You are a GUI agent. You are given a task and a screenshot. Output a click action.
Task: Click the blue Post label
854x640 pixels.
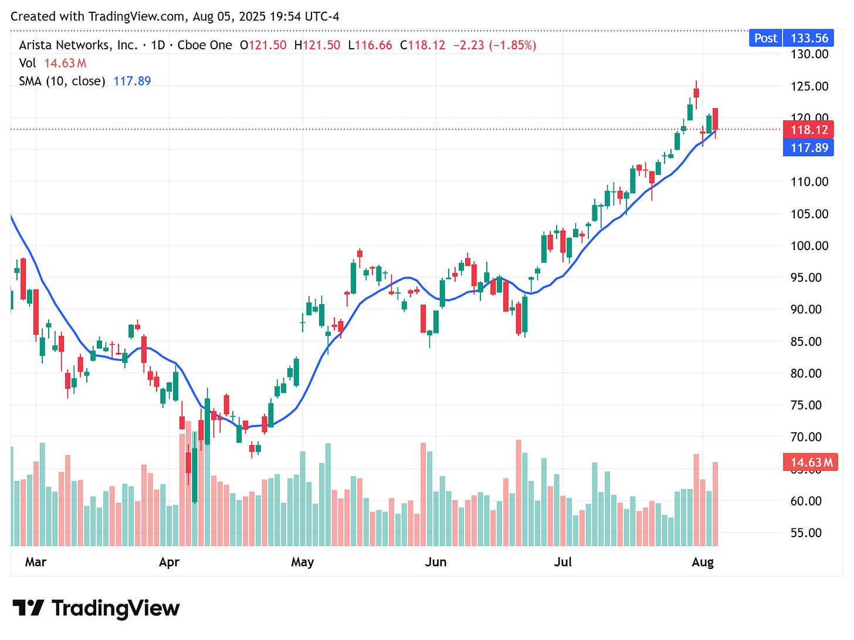(x=765, y=38)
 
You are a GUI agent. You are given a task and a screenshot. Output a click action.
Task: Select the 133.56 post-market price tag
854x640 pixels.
(x=809, y=38)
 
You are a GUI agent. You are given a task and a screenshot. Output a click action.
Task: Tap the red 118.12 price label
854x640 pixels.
(x=809, y=130)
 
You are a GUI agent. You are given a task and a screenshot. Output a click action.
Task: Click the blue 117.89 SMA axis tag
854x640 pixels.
(x=809, y=147)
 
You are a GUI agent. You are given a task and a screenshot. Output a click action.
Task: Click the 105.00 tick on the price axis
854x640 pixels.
(x=809, y=214)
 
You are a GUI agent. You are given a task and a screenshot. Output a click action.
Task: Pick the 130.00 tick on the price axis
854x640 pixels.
(x=809, y=54)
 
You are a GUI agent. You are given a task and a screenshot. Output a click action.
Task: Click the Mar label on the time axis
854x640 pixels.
(x=36, y=562)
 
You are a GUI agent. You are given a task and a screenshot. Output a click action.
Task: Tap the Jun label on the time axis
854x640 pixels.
(x=436, y=562)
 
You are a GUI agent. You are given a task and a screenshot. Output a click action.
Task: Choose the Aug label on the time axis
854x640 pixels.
(x=703, y=562)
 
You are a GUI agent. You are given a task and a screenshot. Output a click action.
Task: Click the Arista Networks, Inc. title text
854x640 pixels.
(x=78, y=45)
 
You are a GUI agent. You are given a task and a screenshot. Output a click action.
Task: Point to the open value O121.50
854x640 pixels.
(x=263, y=45)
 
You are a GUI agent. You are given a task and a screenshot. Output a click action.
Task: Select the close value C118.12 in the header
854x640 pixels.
(x=422, y=45)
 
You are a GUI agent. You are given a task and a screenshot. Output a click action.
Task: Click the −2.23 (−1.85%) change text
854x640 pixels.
(x=494, y=45)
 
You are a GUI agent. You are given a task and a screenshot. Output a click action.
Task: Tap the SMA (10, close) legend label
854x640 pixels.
(x=62, y=81)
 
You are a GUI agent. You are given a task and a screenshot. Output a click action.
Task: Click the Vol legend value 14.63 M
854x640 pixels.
(x=65, y=63)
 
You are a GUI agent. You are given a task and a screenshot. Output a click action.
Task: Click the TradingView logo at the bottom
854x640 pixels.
(x=96, y=608)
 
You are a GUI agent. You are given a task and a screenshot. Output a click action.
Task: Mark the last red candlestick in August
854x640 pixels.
(x=716, y=119)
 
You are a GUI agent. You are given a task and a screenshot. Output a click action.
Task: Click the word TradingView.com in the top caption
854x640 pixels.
(x=137, y=16)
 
